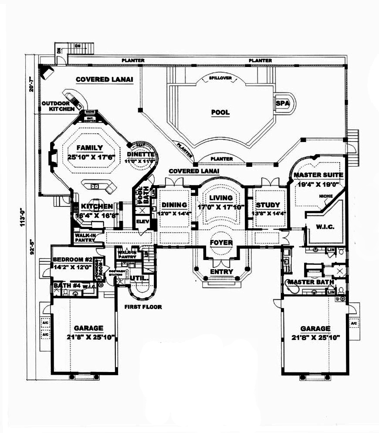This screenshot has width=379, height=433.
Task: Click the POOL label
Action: (220, 112)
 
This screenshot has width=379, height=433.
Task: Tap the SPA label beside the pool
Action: (280, 104)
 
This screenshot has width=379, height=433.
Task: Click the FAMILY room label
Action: (89, 148)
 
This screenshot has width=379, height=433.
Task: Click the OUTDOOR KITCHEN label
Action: (58, 106)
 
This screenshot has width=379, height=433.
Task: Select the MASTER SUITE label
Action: (318, 175)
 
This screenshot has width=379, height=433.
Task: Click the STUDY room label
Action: (267, 205)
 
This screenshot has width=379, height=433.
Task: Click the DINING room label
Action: (174, 205)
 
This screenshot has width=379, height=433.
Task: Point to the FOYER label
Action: (221, 242)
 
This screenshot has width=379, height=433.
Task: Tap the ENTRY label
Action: (221, 272)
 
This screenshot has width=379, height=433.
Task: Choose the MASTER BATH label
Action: (310, 282)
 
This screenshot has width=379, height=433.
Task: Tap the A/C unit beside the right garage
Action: (353, 324)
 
